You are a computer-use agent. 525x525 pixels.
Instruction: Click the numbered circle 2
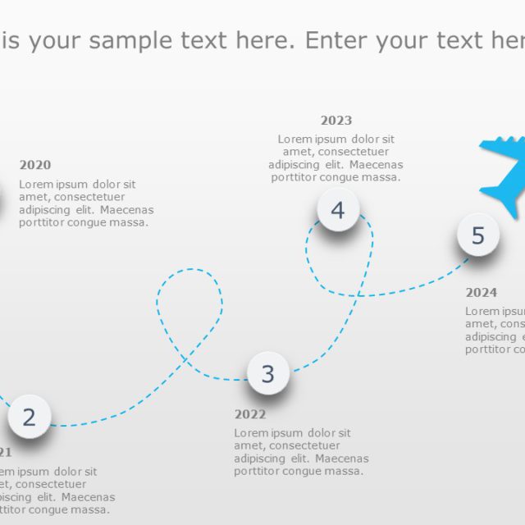[x=30, y=417]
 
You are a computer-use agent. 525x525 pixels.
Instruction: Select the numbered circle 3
[x=268, y=373]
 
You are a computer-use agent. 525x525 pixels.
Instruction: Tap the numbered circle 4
[x=338, y=211]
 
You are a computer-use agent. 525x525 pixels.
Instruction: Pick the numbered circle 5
[x=478, y=235]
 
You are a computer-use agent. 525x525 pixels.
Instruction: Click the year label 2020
[x=35, y=165]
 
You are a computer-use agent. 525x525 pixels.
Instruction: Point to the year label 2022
[x=250, y=414]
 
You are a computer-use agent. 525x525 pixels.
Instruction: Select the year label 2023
[x=336, y=121]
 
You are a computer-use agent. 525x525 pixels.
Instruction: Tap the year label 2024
[x=482, y=292]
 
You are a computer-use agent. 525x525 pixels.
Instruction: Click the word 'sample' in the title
[x=130, y=40]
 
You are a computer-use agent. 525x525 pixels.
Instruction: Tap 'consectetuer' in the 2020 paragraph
[x=87, y=197]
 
